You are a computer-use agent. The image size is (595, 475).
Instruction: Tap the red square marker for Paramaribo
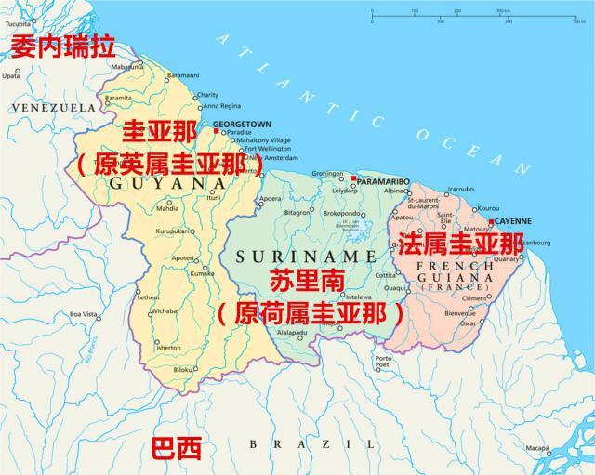[354, 178]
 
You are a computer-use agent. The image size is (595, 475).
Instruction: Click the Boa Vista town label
[83, 315]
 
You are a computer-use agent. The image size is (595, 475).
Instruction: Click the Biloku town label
[183, 369]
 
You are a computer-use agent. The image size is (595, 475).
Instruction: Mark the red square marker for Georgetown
[216, 131]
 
